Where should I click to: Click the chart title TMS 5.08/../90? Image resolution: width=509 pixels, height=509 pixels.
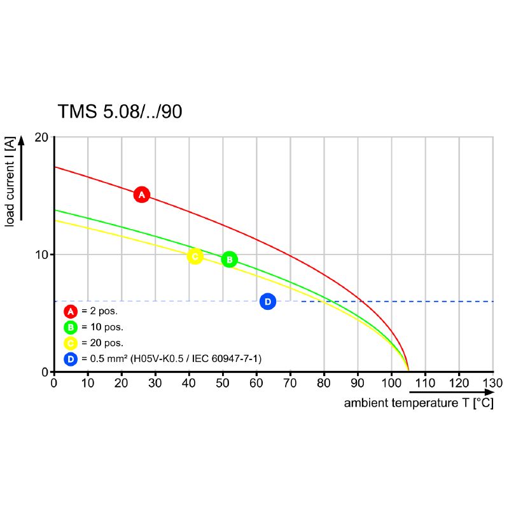pos(120,111)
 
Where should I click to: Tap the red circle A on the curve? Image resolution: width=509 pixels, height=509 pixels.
pos(142,195)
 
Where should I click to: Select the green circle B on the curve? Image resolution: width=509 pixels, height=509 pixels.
pos(229,260)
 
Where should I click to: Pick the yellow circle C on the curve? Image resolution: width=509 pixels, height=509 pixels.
pos(195,256)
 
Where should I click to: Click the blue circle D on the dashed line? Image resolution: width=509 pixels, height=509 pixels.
pos(268,302)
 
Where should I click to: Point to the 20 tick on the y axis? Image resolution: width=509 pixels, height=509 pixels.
pos(41,137)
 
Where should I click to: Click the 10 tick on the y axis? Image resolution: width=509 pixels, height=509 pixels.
pos(41,254)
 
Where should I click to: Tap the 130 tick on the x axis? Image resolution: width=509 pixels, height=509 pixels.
pos(492,384)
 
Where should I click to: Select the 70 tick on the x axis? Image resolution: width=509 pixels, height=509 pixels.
pos(290,384)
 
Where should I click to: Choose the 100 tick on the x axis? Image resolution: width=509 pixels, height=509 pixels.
pos(391,384)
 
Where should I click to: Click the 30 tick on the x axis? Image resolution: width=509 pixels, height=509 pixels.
pos(155,384)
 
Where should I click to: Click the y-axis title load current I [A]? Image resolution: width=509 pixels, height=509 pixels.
pos(10,182)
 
